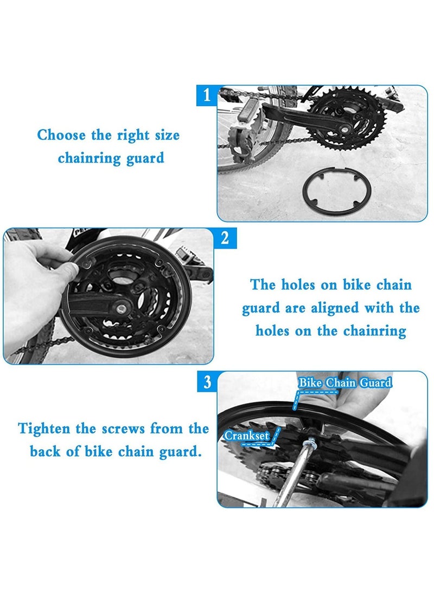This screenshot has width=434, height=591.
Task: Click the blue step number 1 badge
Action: tap(206, 96)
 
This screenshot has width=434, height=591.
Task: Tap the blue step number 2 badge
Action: tap(225, 238)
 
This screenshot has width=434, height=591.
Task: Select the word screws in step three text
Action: tap(124, 428)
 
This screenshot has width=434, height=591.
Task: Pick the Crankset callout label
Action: tap(247, 436)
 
